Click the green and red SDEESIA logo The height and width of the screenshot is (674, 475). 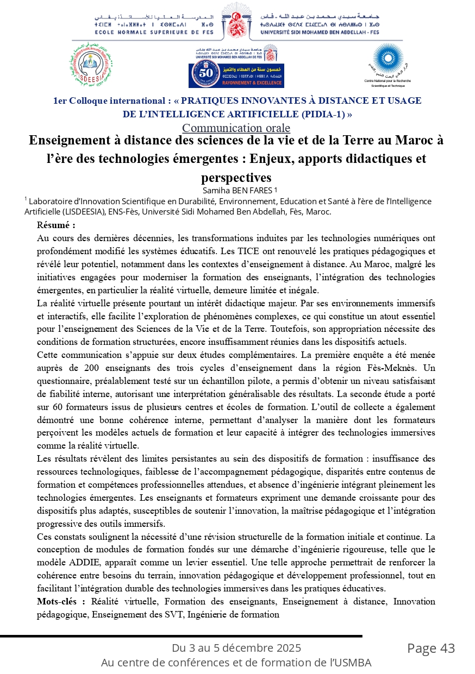pos(91,67)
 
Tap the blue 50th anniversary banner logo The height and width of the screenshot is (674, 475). pos(236,74)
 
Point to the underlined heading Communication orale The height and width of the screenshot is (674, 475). pos(236,128)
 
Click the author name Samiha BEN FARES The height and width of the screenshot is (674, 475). pos(237,191)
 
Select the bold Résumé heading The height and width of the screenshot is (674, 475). pos(56,224)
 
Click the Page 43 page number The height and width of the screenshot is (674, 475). pos(431,648)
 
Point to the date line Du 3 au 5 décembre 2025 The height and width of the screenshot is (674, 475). pos(236,648)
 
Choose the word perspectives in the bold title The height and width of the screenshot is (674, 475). pos(236,178)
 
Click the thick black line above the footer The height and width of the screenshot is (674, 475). pos(181,635)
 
